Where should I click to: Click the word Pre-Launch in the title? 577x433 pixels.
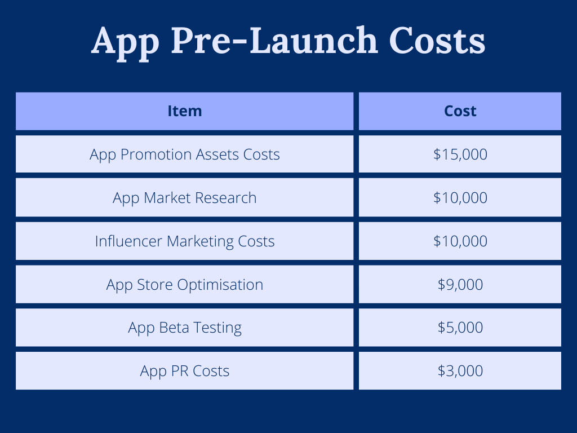(275, 40)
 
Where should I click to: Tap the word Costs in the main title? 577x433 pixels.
(437, 40)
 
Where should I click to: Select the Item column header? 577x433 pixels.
(185, 111)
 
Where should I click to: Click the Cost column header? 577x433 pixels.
(460, 111)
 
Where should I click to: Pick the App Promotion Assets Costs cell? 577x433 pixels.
(185, 154)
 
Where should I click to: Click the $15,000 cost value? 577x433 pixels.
(460, 154)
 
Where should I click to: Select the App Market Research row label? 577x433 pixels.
(185, 198)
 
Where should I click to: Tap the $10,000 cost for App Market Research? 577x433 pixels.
(460, 198)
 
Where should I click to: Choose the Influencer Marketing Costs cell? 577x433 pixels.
(185, 241)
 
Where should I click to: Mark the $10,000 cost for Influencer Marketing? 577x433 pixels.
(460, 241)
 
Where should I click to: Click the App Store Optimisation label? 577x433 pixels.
(185, 285)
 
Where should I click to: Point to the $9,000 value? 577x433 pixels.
(460, 285)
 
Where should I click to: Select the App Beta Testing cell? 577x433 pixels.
(185, 328)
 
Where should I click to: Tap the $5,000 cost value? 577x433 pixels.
(460, 328)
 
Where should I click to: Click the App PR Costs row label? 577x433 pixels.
(185, 371)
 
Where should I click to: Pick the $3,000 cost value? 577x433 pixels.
(460, 371)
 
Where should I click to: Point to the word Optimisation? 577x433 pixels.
(220, 285)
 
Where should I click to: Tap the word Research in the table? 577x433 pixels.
(225, 198)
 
